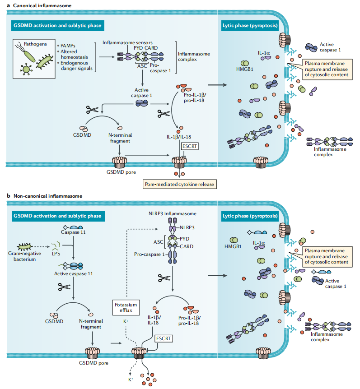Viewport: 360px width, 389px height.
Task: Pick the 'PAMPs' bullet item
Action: point(69,46)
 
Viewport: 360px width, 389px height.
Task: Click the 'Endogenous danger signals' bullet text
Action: point(75,65)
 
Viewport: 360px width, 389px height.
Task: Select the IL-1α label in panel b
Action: point(259,243)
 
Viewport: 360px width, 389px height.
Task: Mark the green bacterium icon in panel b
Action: point(28,246)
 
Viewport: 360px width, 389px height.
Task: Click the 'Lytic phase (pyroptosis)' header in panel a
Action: point(250,25)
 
